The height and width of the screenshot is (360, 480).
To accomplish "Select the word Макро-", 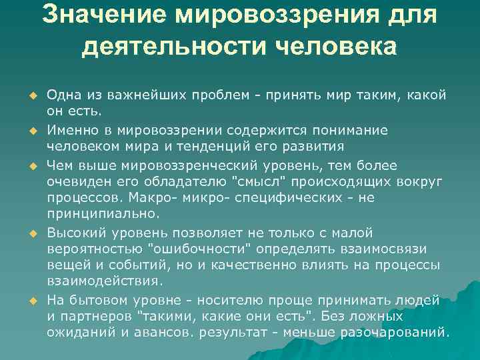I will click(175, 198).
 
